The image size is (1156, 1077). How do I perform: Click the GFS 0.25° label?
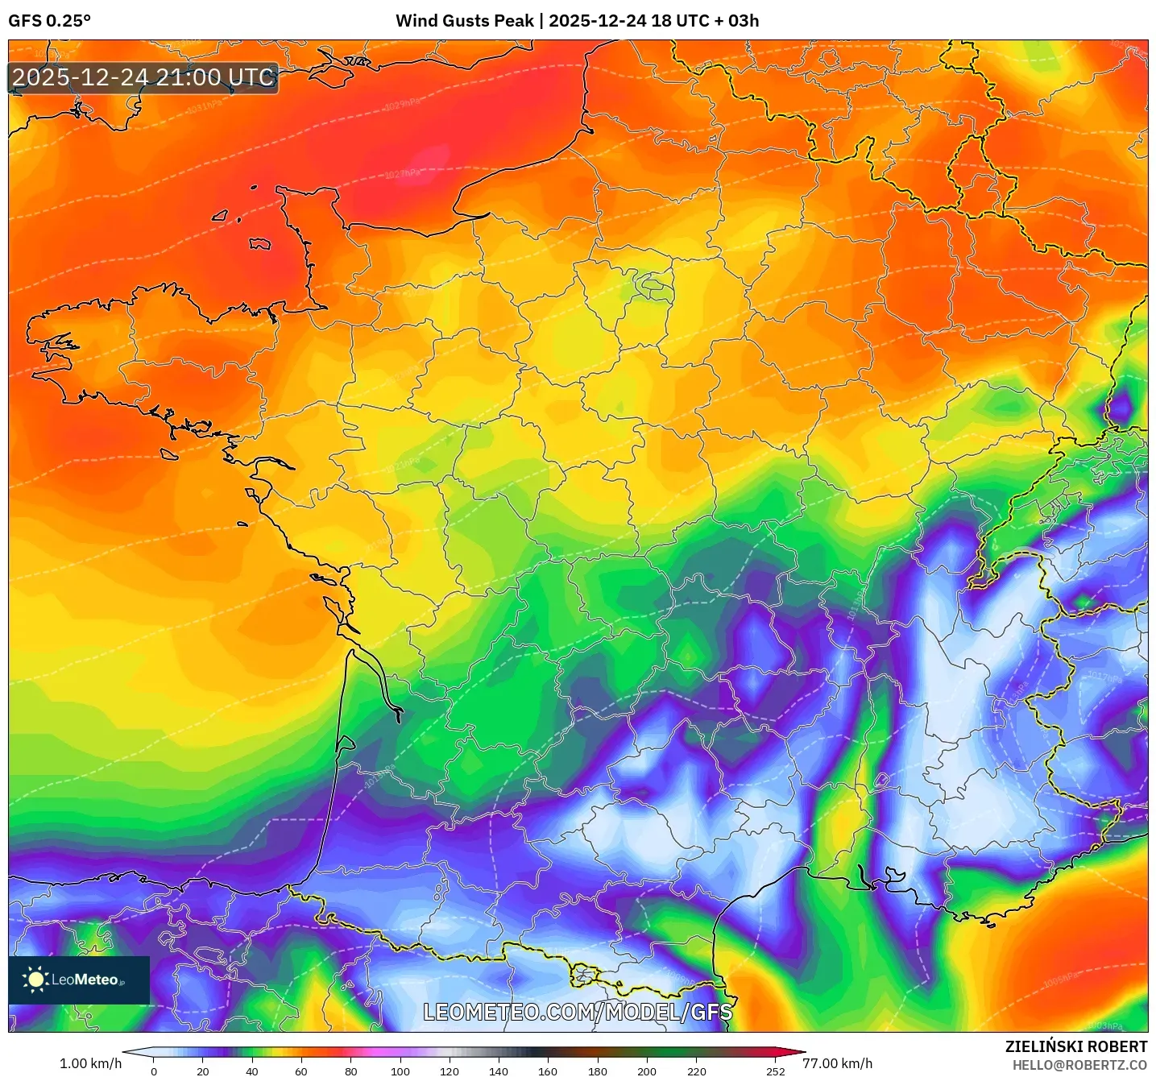(49, 21)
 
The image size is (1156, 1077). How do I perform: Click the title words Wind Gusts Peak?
(464, 21)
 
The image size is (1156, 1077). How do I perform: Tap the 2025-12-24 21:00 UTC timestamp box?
(143, 78)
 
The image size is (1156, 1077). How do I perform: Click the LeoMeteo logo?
(79, 980)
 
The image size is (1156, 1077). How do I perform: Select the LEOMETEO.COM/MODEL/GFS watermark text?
(578, 1012)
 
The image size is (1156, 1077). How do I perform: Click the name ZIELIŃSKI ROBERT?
(1075, 1046)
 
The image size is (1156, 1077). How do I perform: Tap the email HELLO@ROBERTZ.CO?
(1079, 1065)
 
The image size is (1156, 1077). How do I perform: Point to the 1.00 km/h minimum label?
(90, 1063)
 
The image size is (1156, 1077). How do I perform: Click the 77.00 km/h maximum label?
(838, 1063)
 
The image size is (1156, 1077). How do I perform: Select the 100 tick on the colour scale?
(400, 1071)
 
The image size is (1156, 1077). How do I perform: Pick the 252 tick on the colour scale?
(775, 1071)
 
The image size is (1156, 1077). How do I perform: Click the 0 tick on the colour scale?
(154, 1071)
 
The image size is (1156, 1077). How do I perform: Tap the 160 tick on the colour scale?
(548, 1071)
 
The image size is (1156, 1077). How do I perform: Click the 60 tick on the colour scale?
(301, 1071)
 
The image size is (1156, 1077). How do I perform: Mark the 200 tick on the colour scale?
(646, 1071)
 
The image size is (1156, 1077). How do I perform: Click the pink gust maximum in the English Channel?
(436, 156)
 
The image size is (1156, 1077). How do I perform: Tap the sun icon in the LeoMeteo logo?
(35, 980)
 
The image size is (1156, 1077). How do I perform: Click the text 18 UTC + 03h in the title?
(705, 21)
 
